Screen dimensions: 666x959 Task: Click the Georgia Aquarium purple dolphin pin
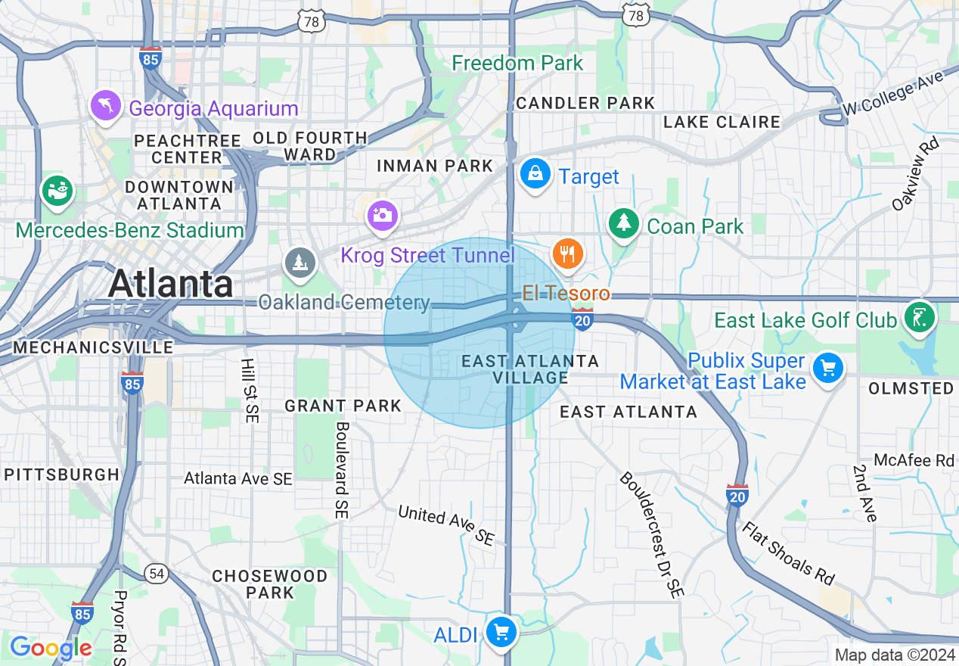(106, 106)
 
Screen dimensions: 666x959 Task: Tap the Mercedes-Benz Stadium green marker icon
(57, 191)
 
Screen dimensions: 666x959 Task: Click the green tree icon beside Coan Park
(623, 224)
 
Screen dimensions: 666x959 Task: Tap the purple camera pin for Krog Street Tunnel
(383, 216)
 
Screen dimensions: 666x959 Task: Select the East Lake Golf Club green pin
(920, 316)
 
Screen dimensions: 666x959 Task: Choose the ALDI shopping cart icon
(501, 632)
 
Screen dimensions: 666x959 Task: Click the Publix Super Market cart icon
(828, 369)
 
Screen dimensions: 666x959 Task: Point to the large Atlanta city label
(170, 284)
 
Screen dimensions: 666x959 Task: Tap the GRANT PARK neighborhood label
(343, 406)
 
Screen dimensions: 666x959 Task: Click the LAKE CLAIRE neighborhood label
(722, 122)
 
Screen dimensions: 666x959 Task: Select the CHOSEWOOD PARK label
(270, 584)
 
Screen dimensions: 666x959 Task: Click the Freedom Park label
(517, 63)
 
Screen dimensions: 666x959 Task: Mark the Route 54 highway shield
(157, 574)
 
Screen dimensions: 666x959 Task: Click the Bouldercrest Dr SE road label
(651, 534)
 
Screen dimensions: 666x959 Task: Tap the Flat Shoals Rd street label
(787, 552)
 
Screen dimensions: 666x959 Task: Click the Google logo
(51, 648)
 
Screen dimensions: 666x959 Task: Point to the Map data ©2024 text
(894, 655)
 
